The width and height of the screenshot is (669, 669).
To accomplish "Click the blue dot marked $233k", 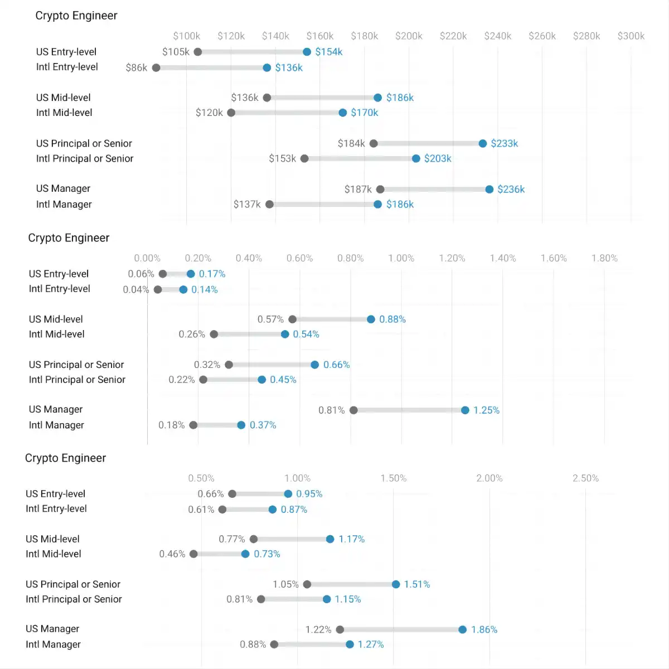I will click(483, 143).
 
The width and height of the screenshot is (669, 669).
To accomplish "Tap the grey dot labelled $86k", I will click(156, 67).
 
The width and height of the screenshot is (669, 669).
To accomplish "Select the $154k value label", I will click(329, 52).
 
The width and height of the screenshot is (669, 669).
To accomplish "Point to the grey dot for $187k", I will click(380, 190).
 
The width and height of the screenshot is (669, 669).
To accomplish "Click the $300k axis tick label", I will click(631, 36).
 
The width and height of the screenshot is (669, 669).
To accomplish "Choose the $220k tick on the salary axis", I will click(453, 36).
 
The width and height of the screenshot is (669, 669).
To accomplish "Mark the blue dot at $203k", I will click(416, 158).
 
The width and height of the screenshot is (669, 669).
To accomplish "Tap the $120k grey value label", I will click(209, 113).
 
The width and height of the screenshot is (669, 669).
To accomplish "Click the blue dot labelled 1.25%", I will click(465, 410).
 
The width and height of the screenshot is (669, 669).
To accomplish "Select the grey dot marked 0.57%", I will click(292, 319).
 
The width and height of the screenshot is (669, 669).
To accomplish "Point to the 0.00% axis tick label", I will click(147, 258).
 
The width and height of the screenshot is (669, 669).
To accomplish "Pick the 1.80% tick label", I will click(604, 258).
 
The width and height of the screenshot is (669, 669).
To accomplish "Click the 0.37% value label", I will click(263, 425).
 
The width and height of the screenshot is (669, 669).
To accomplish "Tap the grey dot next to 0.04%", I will click(158, 289).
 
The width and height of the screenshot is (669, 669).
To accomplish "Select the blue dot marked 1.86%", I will click(462, 629).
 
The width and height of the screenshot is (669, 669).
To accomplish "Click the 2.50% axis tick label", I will click(585, 478).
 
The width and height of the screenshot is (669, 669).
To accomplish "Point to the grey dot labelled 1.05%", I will click(307, 584).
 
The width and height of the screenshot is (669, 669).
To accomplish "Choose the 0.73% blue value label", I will click(266, 554).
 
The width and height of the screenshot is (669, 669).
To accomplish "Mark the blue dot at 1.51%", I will click(396, 584).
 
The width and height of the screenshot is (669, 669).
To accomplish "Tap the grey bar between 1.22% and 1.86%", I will click(401, 629).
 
